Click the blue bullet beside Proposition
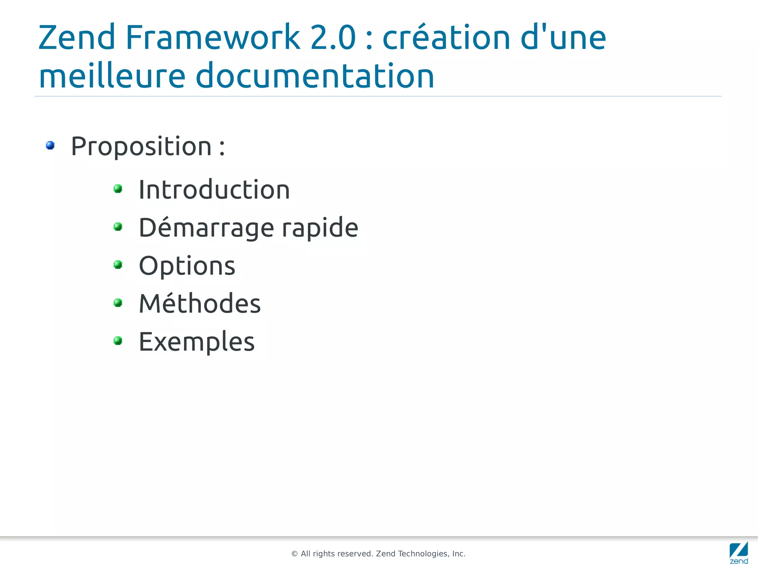[50, 145]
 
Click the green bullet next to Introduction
[118, 189]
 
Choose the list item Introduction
[214, 190]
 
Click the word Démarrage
[207, 228]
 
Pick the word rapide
[320, 228]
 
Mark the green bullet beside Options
[118, 265]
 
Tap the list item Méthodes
[200, 303]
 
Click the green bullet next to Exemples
[118, 340]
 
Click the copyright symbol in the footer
[295, 554]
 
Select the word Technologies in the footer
[422, 554]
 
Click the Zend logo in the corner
[739, 553]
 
